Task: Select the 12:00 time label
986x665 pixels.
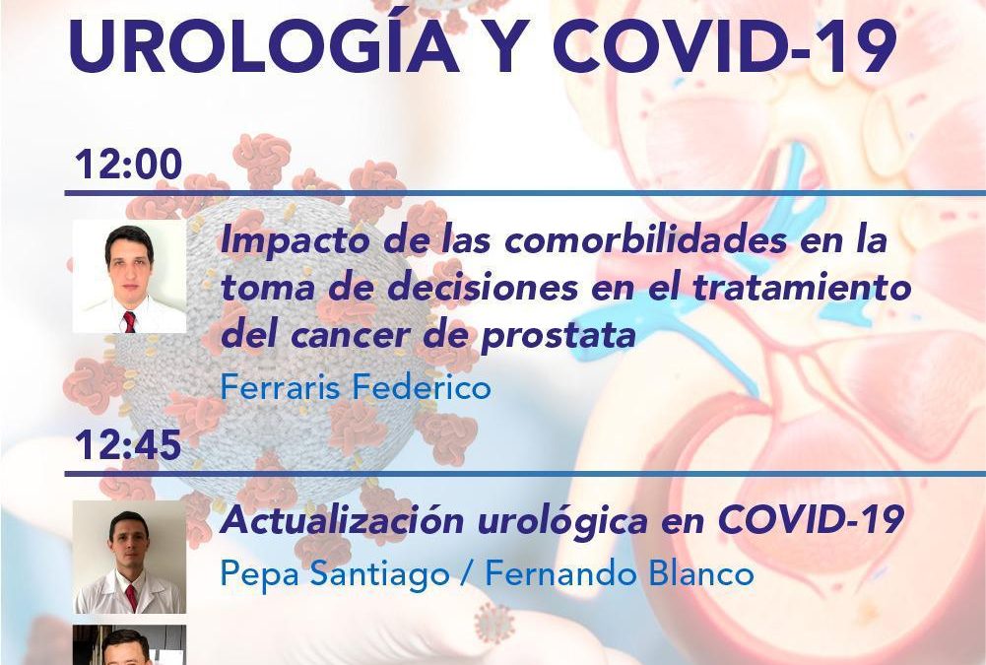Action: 129,164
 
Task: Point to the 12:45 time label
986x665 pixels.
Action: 129,444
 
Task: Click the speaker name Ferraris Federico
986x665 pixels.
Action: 356,386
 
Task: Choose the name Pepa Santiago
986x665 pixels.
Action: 335,573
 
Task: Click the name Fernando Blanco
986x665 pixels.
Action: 620,573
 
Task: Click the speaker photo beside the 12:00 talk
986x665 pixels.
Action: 130,276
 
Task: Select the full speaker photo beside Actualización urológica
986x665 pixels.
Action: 130,557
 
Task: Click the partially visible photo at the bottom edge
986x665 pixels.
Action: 130,645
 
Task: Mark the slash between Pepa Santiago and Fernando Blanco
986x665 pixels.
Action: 467,573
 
